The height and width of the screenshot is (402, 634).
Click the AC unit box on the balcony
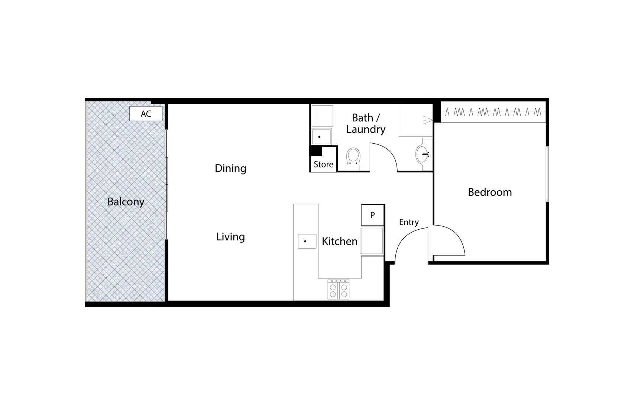tap(146, 114)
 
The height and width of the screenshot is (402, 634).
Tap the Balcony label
tap(126, 202)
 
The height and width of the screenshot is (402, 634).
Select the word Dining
tap(230, 168)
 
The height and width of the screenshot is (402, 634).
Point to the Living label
tap(230, 237)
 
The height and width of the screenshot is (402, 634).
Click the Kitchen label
tap(339, 242)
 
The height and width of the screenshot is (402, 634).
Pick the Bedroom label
tap(489, 192)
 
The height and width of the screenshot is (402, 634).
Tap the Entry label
tap(409, 222)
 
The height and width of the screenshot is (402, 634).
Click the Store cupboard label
tap(323, 165)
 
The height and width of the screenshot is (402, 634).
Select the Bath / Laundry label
tap(366, 123)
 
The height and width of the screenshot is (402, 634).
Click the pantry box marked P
tap(372, 215)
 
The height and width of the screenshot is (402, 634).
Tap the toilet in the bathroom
tap(353, 158)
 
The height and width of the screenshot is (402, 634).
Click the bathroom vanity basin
tap(422, 154)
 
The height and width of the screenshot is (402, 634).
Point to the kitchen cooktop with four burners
tap(338, 290)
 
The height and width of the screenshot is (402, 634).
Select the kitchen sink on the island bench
tap(307, 241)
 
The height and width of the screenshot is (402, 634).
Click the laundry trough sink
tap(321, 137)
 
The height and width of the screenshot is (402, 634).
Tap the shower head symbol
tap(428, 120)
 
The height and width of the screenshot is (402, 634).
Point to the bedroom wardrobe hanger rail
tap(493, 112)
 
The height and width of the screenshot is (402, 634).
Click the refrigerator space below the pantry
tap(372, 241)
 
